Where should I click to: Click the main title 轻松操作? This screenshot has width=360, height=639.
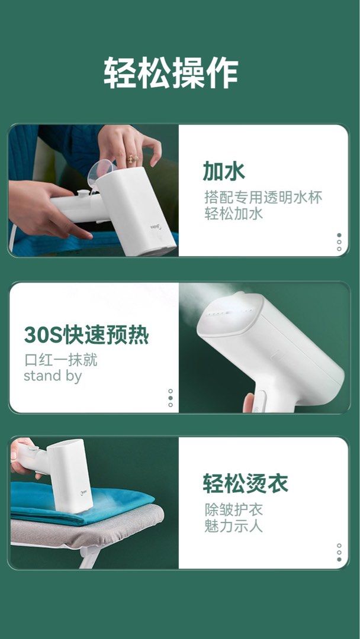(171, 73)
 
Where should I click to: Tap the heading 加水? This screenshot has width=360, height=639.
(224, 171)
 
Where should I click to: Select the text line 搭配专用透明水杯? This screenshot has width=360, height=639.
(263, 197)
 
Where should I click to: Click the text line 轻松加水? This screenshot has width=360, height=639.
(233, 214)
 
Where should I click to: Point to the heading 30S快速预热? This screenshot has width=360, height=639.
(86, 335)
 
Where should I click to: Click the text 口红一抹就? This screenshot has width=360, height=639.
(60, 360)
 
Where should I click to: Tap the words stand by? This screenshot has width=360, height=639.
(53, 376)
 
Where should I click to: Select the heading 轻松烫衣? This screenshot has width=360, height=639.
(245, 483)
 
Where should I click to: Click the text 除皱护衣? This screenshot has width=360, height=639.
(233, 509)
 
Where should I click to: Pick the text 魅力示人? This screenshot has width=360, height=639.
(233, 525)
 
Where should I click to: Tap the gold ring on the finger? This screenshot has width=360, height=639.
(131, 158)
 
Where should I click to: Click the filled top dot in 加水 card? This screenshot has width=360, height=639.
(339, 235)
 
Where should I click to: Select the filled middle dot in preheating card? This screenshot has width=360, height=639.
(171, 398)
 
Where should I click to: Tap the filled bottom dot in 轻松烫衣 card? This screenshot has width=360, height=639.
(339, 559)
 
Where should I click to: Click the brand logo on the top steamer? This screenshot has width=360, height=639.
(153, 225)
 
